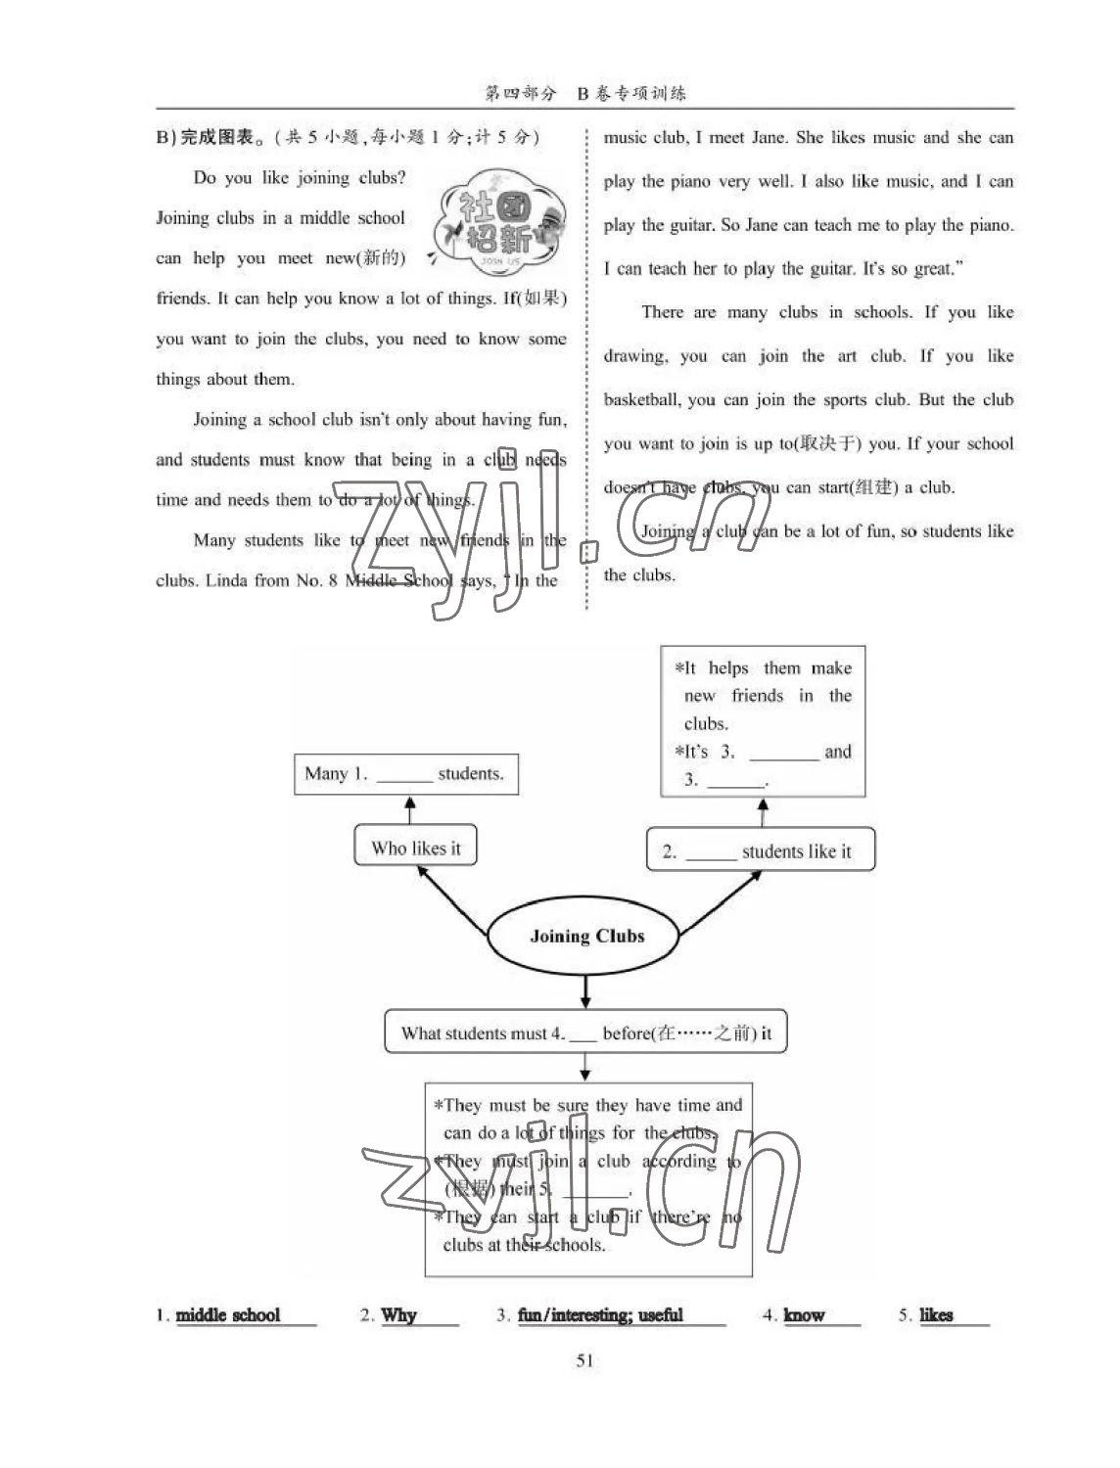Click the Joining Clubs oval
(x=585, y=937)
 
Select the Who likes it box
(x=415, y=848)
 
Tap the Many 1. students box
(x=405, y=774)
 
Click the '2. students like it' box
(x=760, y=851)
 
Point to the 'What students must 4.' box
(x=585, y=1032)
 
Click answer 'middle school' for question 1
(x=228, y=1315)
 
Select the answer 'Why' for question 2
(x=398, y=1315)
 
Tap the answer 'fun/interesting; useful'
(x=600, y=1315)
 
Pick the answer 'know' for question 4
(x=804, y=1315)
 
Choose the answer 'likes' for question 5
(x=936, y=1315)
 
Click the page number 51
(x=585, y=1360)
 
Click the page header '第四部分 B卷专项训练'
(x=585, y=93)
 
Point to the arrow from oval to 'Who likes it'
(x=452, y=900)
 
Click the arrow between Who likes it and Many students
(x=410, y=810)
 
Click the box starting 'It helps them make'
(x=763, y=722)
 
